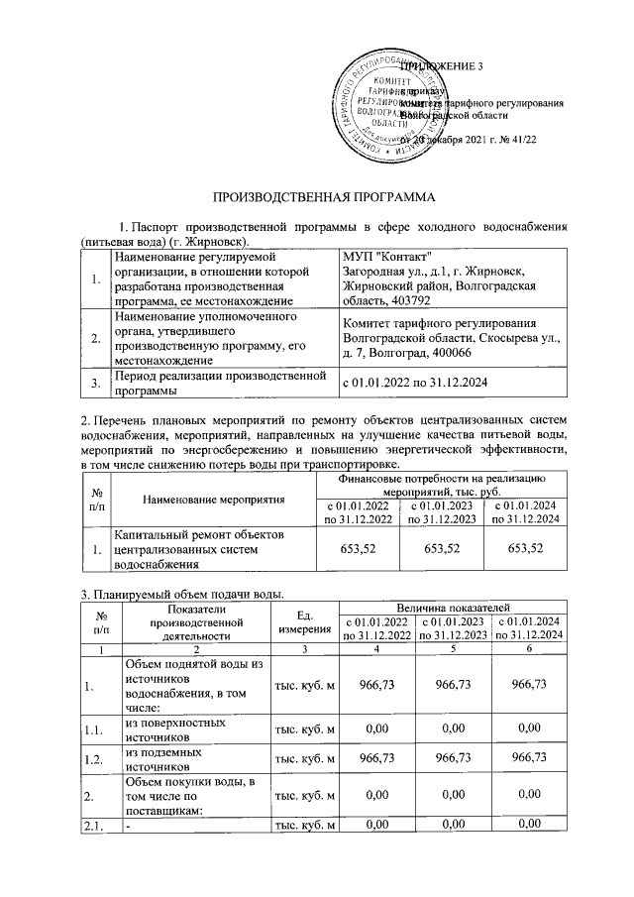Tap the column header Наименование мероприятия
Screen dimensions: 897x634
coord(214,499)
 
